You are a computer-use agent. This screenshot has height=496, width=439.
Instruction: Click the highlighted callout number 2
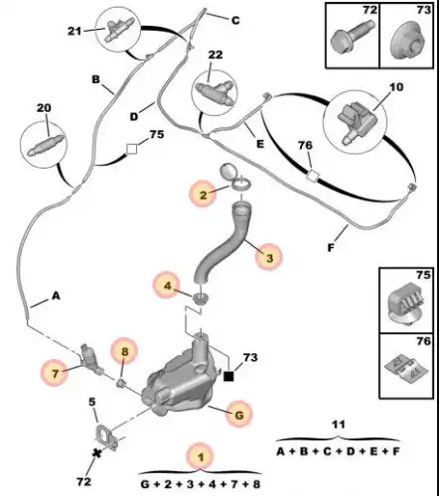[203, 194]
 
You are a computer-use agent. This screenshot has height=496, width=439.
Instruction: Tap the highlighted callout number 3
[269, 257]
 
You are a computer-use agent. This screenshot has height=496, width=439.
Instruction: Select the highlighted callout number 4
[167, 286]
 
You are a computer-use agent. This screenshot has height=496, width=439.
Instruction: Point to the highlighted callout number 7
[55, 373]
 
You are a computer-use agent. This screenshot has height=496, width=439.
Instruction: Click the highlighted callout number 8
[124, 351]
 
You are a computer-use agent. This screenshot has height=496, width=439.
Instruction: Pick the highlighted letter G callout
[239, 414]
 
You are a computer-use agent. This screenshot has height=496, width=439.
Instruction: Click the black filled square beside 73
[228, 376]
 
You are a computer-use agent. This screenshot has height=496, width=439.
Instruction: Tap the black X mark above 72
[97, 453]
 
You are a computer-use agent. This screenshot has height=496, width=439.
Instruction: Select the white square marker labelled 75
[131, 149]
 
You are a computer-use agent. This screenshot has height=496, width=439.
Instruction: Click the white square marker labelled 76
[312, 176]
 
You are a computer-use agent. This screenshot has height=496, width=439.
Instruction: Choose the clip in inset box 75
[406, 304]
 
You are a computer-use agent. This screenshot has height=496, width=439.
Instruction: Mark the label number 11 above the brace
[339, 425]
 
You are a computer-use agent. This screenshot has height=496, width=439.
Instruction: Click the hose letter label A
[56, 296]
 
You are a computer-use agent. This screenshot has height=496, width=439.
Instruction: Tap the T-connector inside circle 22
[215, 89]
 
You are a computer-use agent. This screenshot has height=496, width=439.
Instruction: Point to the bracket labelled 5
[106, 437]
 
